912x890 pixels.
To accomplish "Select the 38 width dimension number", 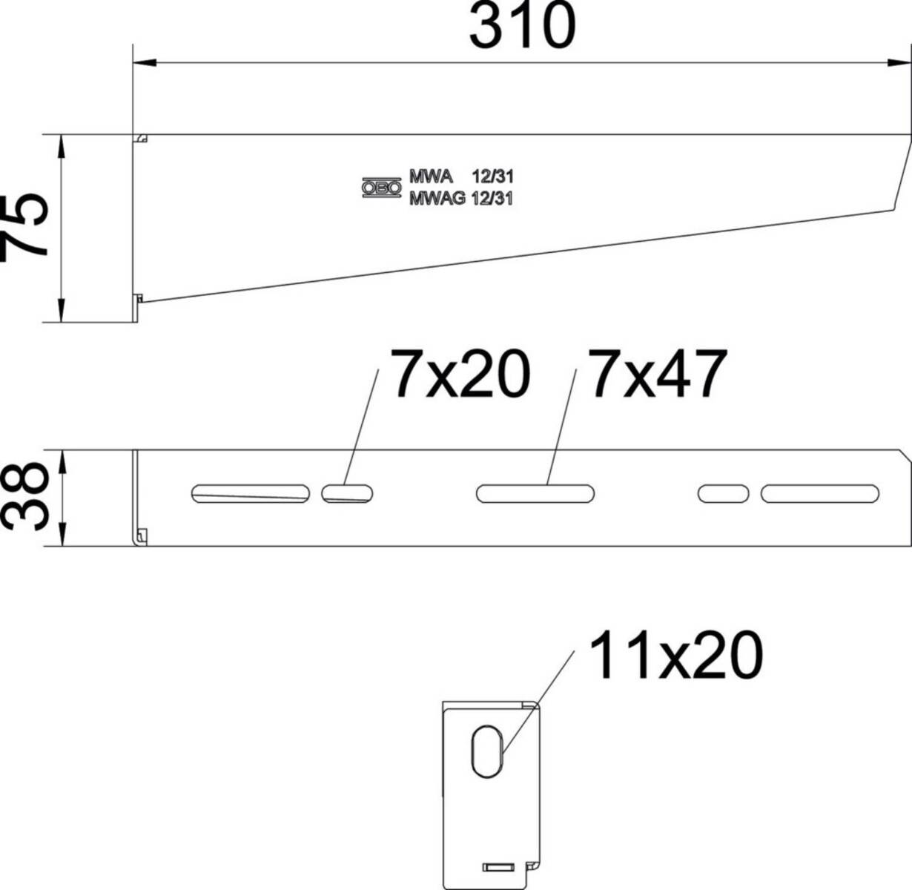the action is (x=25, y=497).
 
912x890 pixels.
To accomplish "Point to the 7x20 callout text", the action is (x=460, y=375).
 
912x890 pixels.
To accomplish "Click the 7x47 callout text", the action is (x=658, y=375).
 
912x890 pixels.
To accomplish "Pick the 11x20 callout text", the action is (x=675, y=656).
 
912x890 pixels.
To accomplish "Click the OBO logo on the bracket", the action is (x=382, y=188).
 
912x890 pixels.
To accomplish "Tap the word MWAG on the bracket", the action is (x=437, y=200).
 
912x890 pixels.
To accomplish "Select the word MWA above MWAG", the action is (x=431, y=177).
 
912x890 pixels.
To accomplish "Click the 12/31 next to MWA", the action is (x=492, y=177).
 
